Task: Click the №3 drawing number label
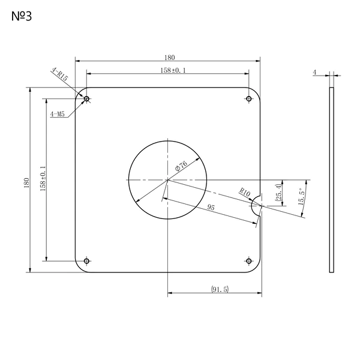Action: pyautogui.click(x=22, y=16)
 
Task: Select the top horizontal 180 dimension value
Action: pyautogui.click(x=169, y=58)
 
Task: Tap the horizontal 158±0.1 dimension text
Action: pyautogui.click(x=173, y=70)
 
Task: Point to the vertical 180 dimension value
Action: pyautogui.click(x=26, y=183)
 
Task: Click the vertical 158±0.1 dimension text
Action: pyautogui.click(x=43, y=179)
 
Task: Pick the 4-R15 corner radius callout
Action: pyautogui.click(x=60, y=74)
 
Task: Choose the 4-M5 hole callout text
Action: pyautogui.click(x=58, y=114)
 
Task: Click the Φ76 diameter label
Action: pyautogui.click(x=181, y=166)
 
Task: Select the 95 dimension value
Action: pyautogui.click(x=211, y=208)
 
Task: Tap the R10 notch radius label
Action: pyautogui.click(x=245, y=192)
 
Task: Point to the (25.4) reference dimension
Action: pyautogui.click(x=278, y=193)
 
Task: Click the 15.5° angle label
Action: pyautogui.click(x=301, y=197)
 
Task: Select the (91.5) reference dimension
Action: pyautogui.click(x=220, y=289)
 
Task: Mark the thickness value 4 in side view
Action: pyautogui.click(x=314, y=73)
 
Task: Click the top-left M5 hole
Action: pyautogui.click(x=86, y=99)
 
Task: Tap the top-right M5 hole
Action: pyautogui.click(x=248, y=99)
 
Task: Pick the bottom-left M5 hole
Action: pyautogui.click(x=86, y=261)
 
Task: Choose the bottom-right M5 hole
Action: pyautogui.click(x=248, y=261)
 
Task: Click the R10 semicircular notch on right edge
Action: pyautogui.click(x=256, y=205)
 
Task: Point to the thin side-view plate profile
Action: pyautogui.click(x=332, y=180)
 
